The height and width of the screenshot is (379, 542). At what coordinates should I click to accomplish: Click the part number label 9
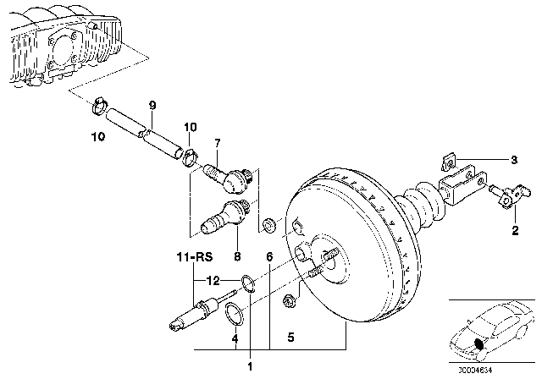tap(152, 106)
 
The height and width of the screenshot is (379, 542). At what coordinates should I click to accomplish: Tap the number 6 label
tap(269, 255)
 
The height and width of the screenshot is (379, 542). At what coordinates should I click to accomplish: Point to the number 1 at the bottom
tap(250, 366)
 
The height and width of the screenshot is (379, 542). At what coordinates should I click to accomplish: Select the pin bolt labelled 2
tap(506, 200)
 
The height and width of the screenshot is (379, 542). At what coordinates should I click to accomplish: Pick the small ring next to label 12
tap(247, 282)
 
